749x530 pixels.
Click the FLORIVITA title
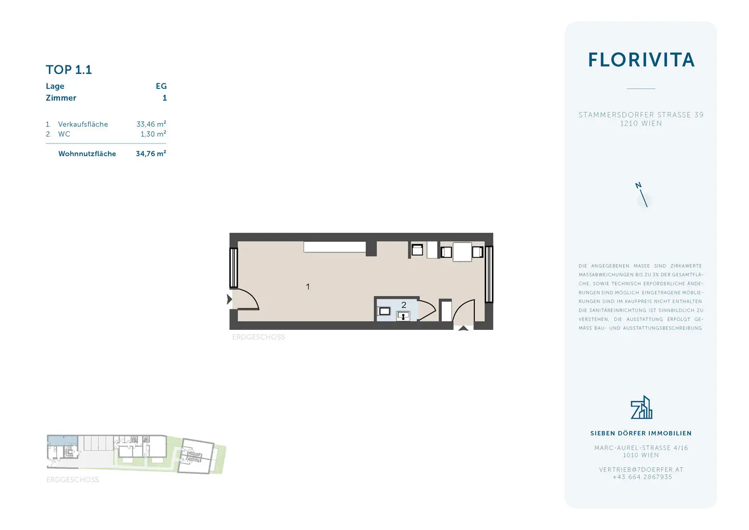[x=641, y=60]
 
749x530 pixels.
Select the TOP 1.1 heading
[x=69, y=70]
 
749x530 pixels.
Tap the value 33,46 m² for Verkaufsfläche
[x=151, y=124]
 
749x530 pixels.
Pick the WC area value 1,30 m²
[x=153, y=134]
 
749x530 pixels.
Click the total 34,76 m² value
[x=151, y=153]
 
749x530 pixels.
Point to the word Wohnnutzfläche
[x=87, y=154]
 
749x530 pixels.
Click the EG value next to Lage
[x=161, y=86]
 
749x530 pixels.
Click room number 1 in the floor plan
[x=308, y=286]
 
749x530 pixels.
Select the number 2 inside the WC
[x=404, y=305]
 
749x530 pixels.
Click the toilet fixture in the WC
[x=385, y=311]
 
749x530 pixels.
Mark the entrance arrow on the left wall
[x=229, y=299]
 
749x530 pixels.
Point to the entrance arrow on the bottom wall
[x=463, y=328]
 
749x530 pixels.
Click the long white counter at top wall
[x=335, y=247]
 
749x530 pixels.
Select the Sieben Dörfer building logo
[x=641, y=408]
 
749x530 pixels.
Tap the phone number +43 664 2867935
[x=642, y=477]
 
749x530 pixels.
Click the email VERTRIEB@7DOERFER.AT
[x=641, y=469]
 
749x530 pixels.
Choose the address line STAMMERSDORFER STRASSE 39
[x=641, y=115]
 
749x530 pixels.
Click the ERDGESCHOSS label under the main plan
[x=258, y=337]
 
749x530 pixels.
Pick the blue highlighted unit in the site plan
[x=62, y=440]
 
